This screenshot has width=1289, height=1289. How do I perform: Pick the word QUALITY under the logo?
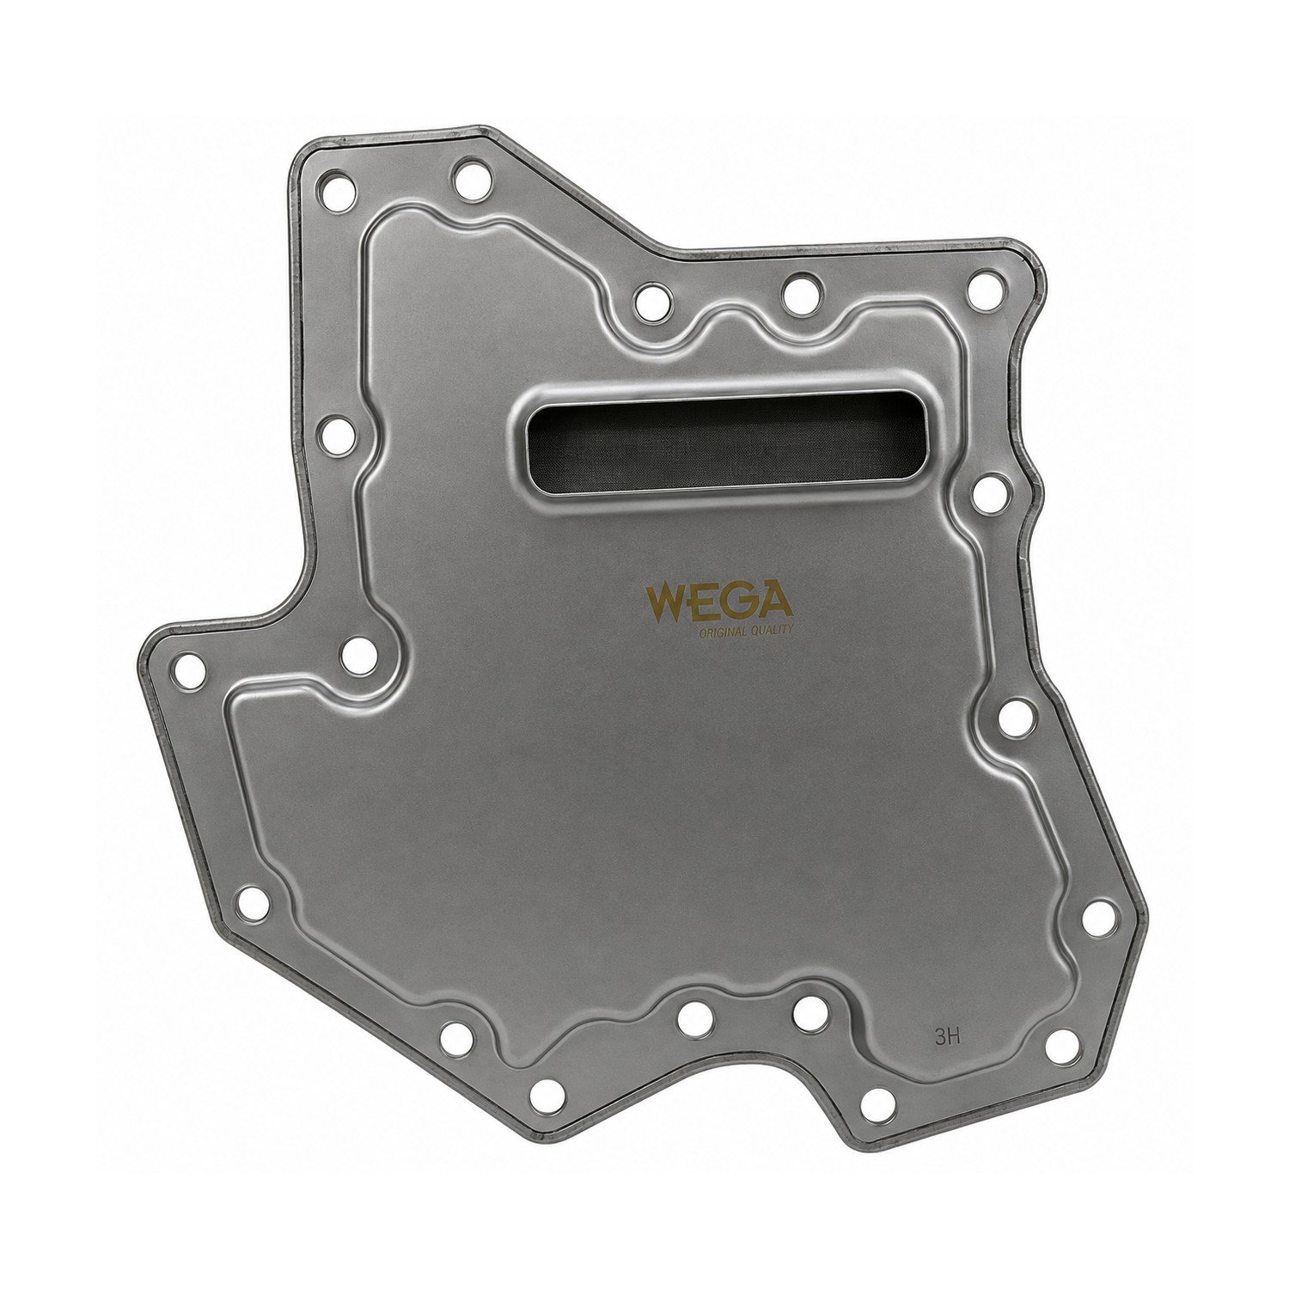(768, 632)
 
